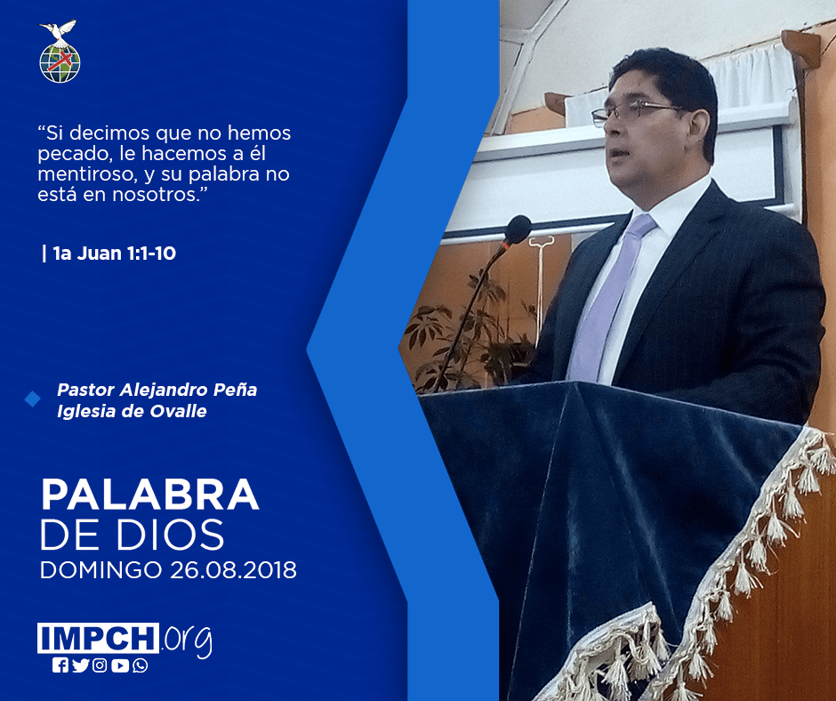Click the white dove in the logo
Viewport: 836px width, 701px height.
click(59, 31)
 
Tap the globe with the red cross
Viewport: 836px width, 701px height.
click(60, 63)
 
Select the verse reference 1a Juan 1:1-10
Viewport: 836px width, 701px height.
click(115, 254)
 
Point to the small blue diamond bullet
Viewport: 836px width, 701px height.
click(33, 399)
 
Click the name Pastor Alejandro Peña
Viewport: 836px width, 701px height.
click(157, 390)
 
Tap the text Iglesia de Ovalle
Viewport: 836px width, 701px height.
click(132, 411)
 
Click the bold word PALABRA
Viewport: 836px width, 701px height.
click(149, 495)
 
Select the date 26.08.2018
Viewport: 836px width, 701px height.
click(234, 569)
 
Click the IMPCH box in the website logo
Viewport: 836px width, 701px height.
click(98, 638)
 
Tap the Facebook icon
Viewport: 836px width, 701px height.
click(60, 665)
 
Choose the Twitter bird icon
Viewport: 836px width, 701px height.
click(81, 665)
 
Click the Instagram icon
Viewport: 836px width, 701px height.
click(100, 665)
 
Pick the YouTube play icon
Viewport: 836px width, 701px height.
click(120, 665)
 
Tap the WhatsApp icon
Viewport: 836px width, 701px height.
click(141, 665)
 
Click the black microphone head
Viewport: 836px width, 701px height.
click(518, 230)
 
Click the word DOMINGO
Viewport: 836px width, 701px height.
click(100, 569)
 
